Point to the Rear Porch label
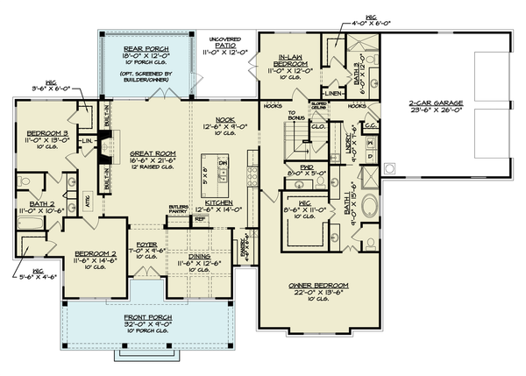pyautogui.click(x=145, y=49)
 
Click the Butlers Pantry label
pyautogui.click(x=180, y=209)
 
